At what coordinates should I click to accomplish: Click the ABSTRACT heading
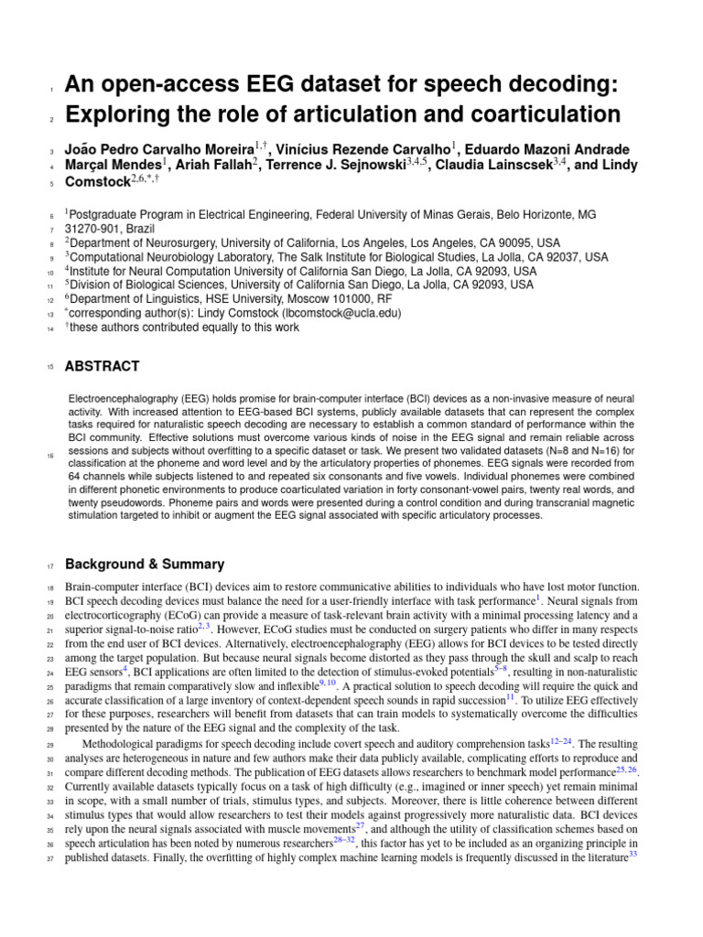(x=102, y=366)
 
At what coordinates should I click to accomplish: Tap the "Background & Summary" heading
(x=144, y=565)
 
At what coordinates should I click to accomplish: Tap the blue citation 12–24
(x=562, y=742)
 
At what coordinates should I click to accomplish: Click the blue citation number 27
(x=360, y=825)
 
